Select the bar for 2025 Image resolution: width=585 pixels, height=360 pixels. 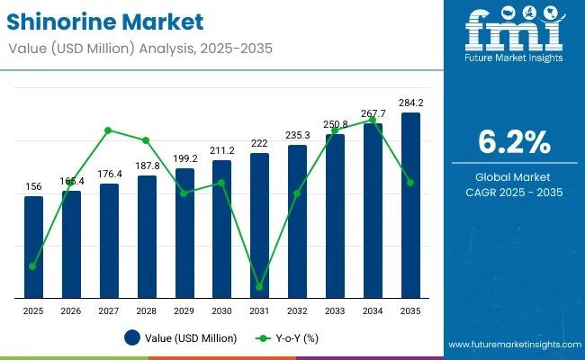pyautogui.click(x=33, y=247)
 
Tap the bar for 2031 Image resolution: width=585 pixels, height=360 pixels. pyautogui.click(x=259, y=225)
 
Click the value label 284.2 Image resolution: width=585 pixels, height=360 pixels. pyautogui.click(x=410, y=103)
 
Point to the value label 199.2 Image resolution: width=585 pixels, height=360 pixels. pyautogui.click(x=184, y=158)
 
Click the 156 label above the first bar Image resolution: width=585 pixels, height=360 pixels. pyautogui.click(x=33, y=186)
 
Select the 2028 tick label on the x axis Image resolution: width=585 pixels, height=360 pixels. pyautogui.click(x=147, y=310)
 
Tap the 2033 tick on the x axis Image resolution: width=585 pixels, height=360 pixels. pyautogui.click(x=335, y=310)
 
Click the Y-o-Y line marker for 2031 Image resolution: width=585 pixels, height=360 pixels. pyautogui.click(x=259, y=287)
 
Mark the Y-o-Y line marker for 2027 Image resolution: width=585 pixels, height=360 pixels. pyautogui.click(x=108, y=130)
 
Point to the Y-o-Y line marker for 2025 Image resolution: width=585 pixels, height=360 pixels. pyautogui.click(x=33, y=266)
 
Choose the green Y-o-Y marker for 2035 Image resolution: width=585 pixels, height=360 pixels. pyautogui.click(x=410, y=183)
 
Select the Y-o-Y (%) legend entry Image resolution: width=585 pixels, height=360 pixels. pyautogui.click(x=287, y=338)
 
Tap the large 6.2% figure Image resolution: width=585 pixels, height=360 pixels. pyautogui.click(x=514, y=141)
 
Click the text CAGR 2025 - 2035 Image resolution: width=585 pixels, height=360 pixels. pyautogui.click(x=514, y=193)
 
